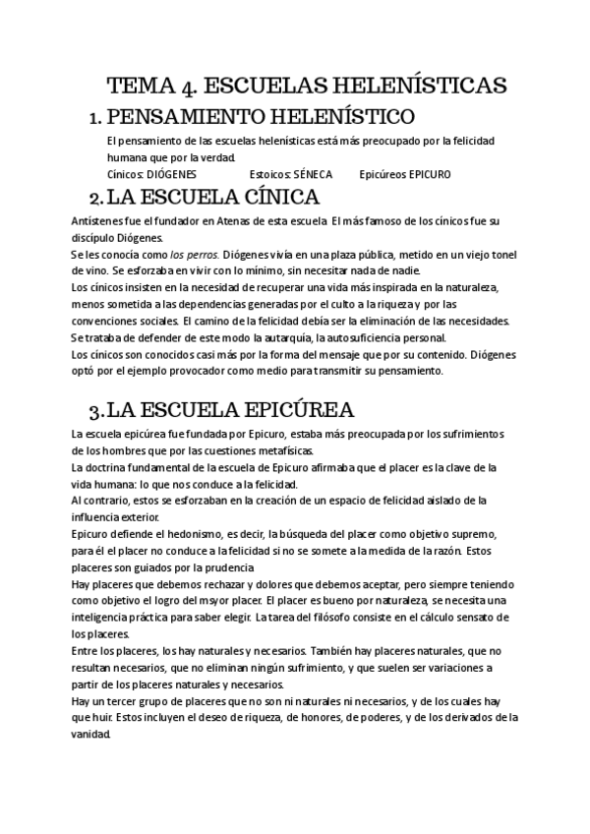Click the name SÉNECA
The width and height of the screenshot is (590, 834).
click(x=314, y=174)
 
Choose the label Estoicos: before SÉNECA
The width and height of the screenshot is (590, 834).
click(x=270, y=174)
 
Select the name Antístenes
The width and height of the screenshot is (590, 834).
click(x=97, y=220)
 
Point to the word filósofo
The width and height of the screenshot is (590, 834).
click(x=347, y=618)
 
